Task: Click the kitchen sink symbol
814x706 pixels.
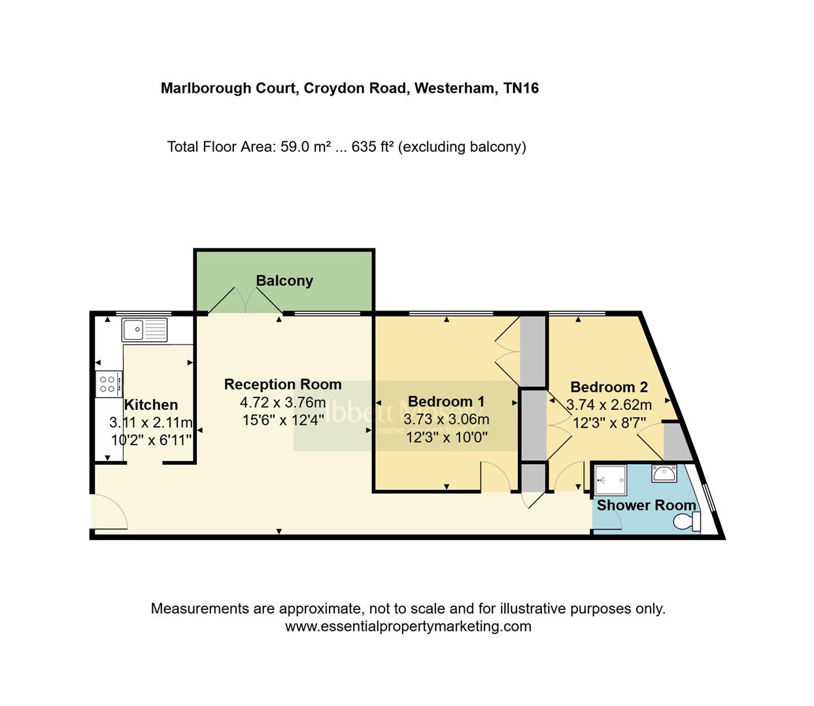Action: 144,330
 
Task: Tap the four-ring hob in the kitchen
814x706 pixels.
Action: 108,384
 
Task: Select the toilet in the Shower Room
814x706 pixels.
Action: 687,522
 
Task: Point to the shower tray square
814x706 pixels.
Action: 611,480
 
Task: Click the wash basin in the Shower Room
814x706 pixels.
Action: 664,473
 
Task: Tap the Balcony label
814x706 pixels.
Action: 284,280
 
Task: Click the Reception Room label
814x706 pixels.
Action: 282,384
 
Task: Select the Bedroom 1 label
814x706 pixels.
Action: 446,401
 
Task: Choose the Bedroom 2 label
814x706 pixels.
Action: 609,387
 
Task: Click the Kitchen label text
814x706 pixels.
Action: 151,405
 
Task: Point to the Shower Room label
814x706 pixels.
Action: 646,505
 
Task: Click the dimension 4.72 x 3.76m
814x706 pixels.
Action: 282,402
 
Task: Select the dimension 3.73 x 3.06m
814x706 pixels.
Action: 446,419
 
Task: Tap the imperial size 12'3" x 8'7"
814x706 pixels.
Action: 609,423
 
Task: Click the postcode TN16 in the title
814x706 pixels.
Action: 521,88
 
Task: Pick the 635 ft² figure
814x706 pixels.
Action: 372,146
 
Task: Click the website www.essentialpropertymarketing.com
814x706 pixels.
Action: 408,626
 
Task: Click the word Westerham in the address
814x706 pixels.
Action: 455,88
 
